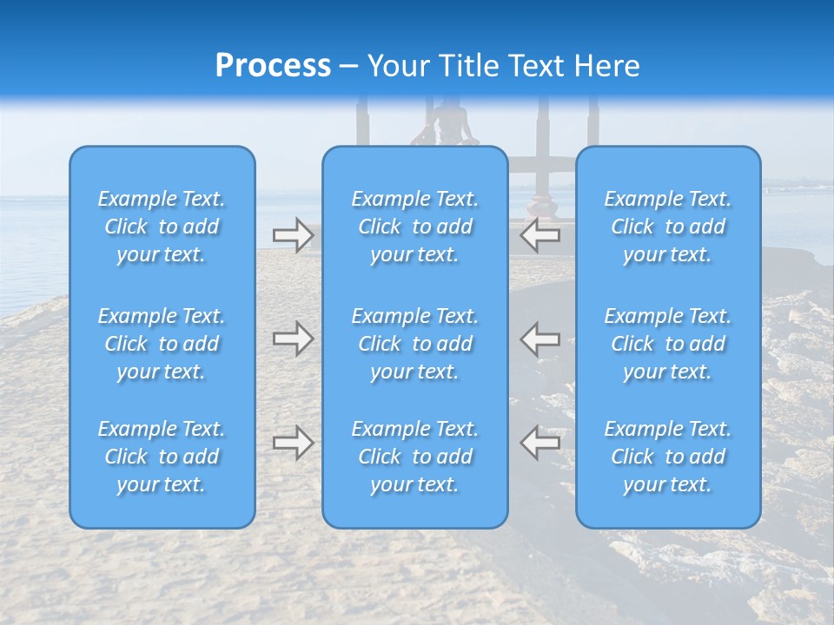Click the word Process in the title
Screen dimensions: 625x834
pos(273,66)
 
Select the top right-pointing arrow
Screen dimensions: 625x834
pos(293,235)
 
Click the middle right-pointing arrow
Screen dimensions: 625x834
pos(293,339)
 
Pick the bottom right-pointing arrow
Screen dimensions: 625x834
pos(293,443)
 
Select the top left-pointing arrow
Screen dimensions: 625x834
pos(540,235)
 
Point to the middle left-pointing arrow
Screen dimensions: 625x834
pos(540,339)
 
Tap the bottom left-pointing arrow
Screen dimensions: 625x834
pos(540,443)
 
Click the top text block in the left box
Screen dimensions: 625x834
pos(162,227)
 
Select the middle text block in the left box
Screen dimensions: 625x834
pos(162,344)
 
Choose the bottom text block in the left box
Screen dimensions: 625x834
pos(162,457)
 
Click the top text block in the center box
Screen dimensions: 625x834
pos(415,227)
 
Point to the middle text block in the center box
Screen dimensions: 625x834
pos(415,344)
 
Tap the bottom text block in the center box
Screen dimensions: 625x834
pos(415,457)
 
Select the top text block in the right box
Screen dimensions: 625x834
pos(668,227)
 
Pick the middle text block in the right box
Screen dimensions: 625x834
pos(668,344)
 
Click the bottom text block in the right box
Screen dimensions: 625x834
pos(668,457)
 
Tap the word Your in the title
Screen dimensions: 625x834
pos(395,66)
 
